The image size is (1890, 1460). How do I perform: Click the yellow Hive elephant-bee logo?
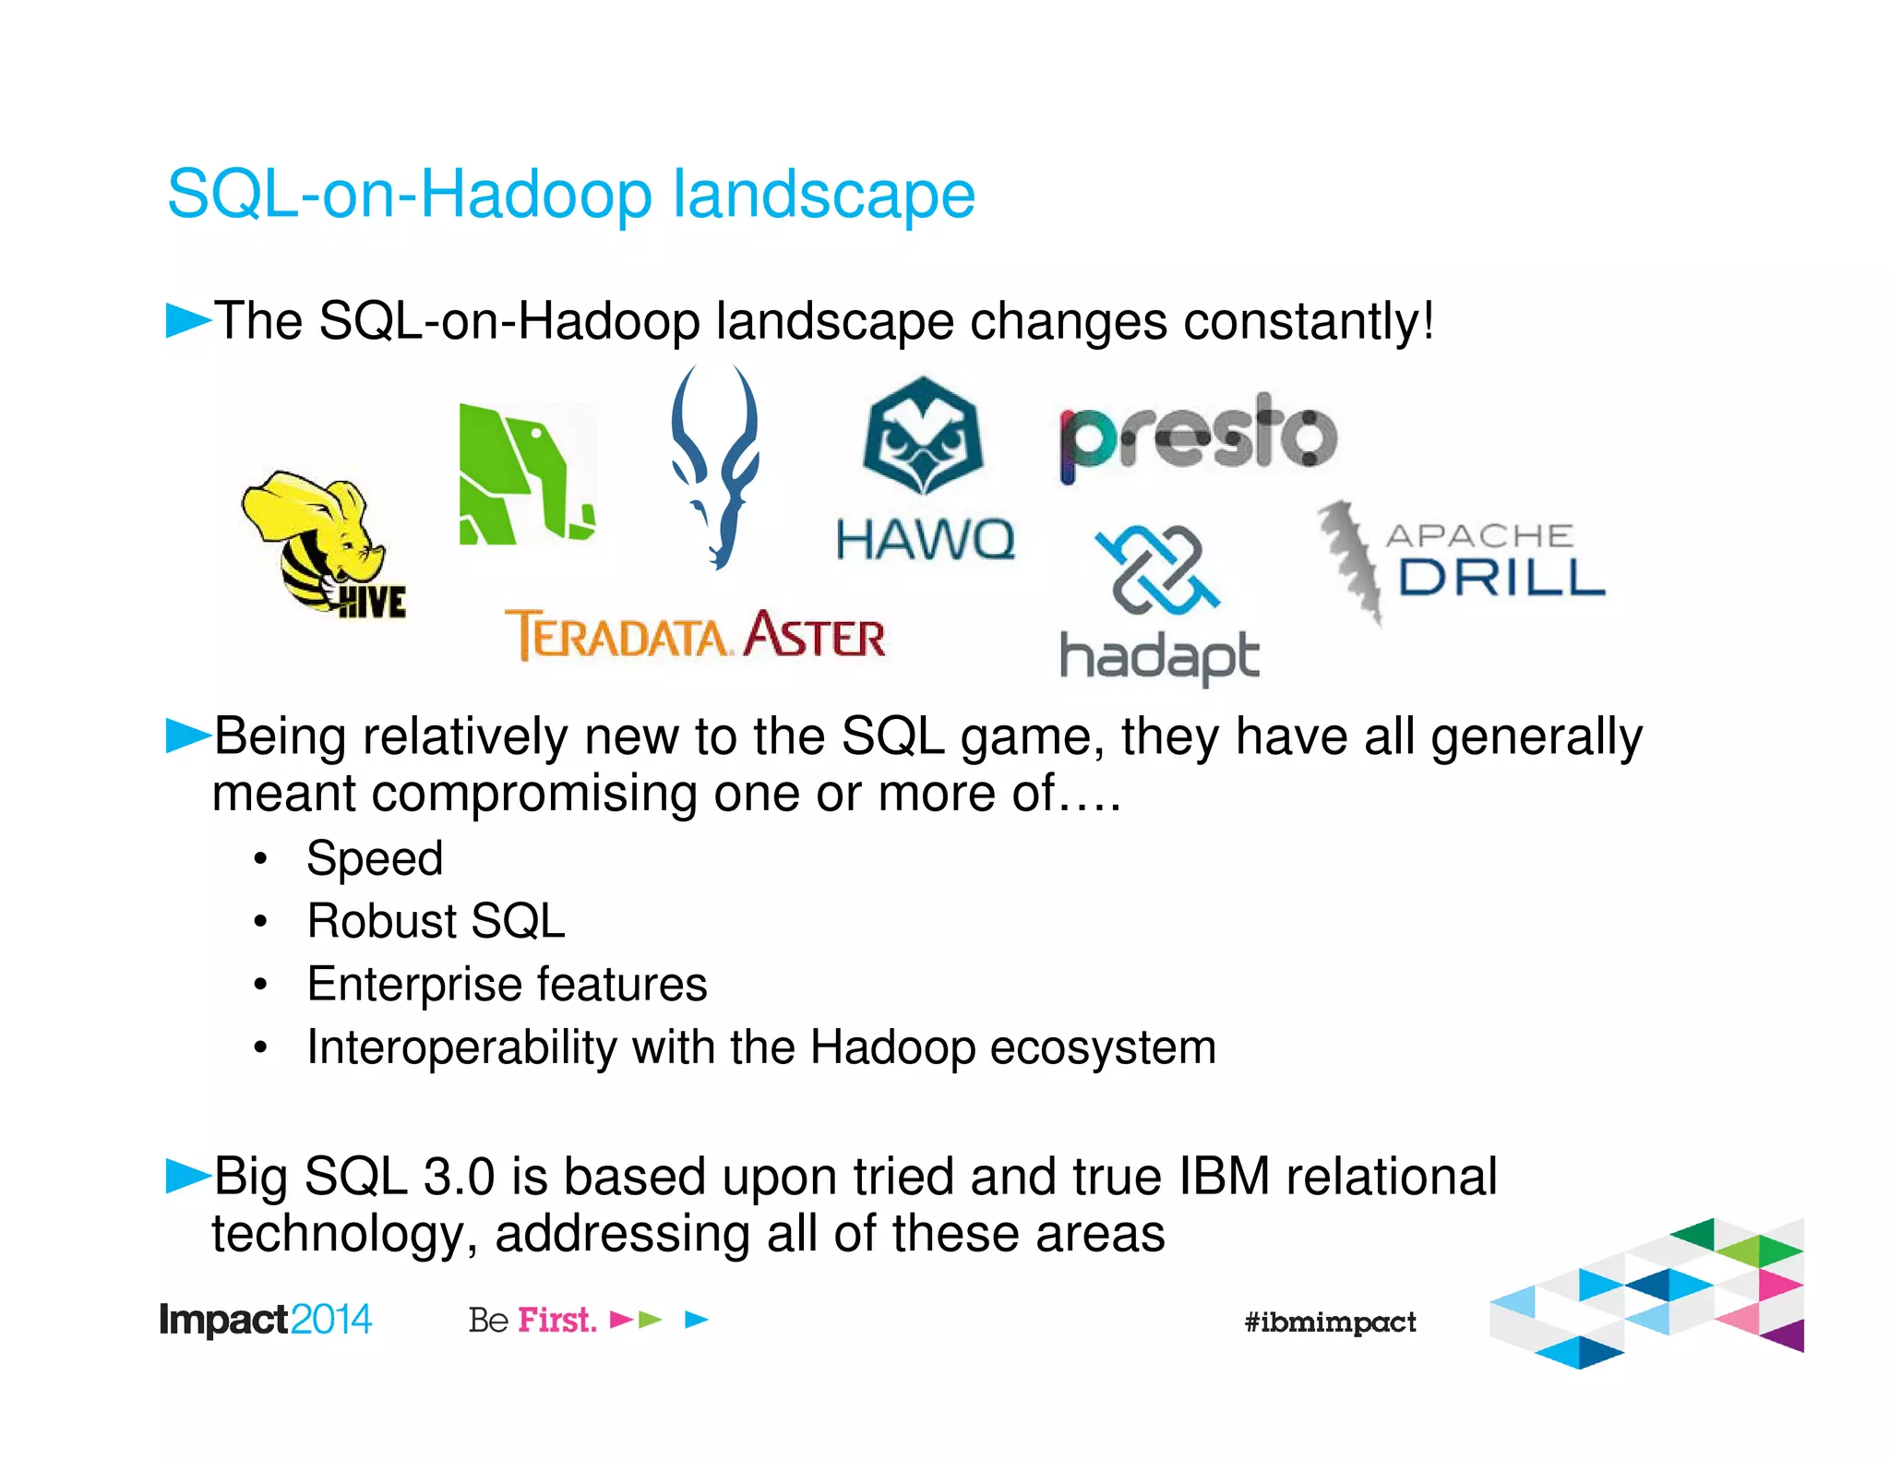pyautogui.click(x=318, y=540)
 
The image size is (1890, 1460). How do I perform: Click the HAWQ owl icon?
pyautogui.click(x=923, y=436)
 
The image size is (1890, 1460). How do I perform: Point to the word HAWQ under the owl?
pyautogui.click(x=925, y=539)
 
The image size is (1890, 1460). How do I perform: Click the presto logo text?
pyautogui.click(x=1198, y=437)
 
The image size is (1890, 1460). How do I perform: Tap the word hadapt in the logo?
pyautogui.click(x=1159, y=657)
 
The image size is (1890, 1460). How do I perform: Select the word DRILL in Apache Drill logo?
pyautogui.click(x=1501, y=578)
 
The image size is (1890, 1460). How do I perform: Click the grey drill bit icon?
pyautogui.click(x=1349, y=558)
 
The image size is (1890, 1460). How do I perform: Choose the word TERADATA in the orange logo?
pyautogui.click(x=618, y=636)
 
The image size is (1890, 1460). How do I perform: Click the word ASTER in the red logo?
pyautogui.click(x=815, y=636)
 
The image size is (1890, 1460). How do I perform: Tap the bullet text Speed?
pyautogui.click(x=375, y=858)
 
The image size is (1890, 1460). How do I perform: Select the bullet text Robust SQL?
pyautogui.click(x=436, y=921)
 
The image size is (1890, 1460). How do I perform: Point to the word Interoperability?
pyautogui.click(x=461, y=1047)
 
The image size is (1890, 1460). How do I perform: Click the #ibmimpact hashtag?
pyautogui.click(x=1329, y=1322)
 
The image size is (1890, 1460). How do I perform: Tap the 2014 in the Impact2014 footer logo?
pyautogui.click(x=330, y=1320)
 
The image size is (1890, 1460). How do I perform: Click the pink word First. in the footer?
pyautogui.click(x=556, y=1320)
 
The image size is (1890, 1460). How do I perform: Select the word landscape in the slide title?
pyautogui.click(x=823, y=195)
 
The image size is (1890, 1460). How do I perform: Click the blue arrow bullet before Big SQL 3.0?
pyautogui.click(x=187, y=1176)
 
